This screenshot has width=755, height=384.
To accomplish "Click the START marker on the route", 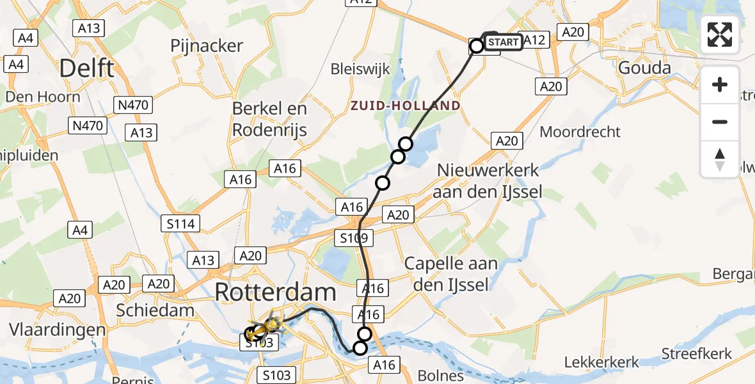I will click(504, 42).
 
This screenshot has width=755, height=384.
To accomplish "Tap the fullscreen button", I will click(720, 35).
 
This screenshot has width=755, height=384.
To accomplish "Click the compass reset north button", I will click(720, 159).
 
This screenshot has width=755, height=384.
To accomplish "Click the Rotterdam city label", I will click(275, 292).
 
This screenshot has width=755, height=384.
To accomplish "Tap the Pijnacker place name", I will click(207, 45).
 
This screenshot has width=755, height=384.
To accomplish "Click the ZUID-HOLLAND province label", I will click(404, 106).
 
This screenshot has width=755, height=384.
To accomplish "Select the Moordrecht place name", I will click(580, 132).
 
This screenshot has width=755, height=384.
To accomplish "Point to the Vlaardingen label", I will click(58, 330).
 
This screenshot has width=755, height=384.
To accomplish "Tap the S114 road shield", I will click(180, 223).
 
